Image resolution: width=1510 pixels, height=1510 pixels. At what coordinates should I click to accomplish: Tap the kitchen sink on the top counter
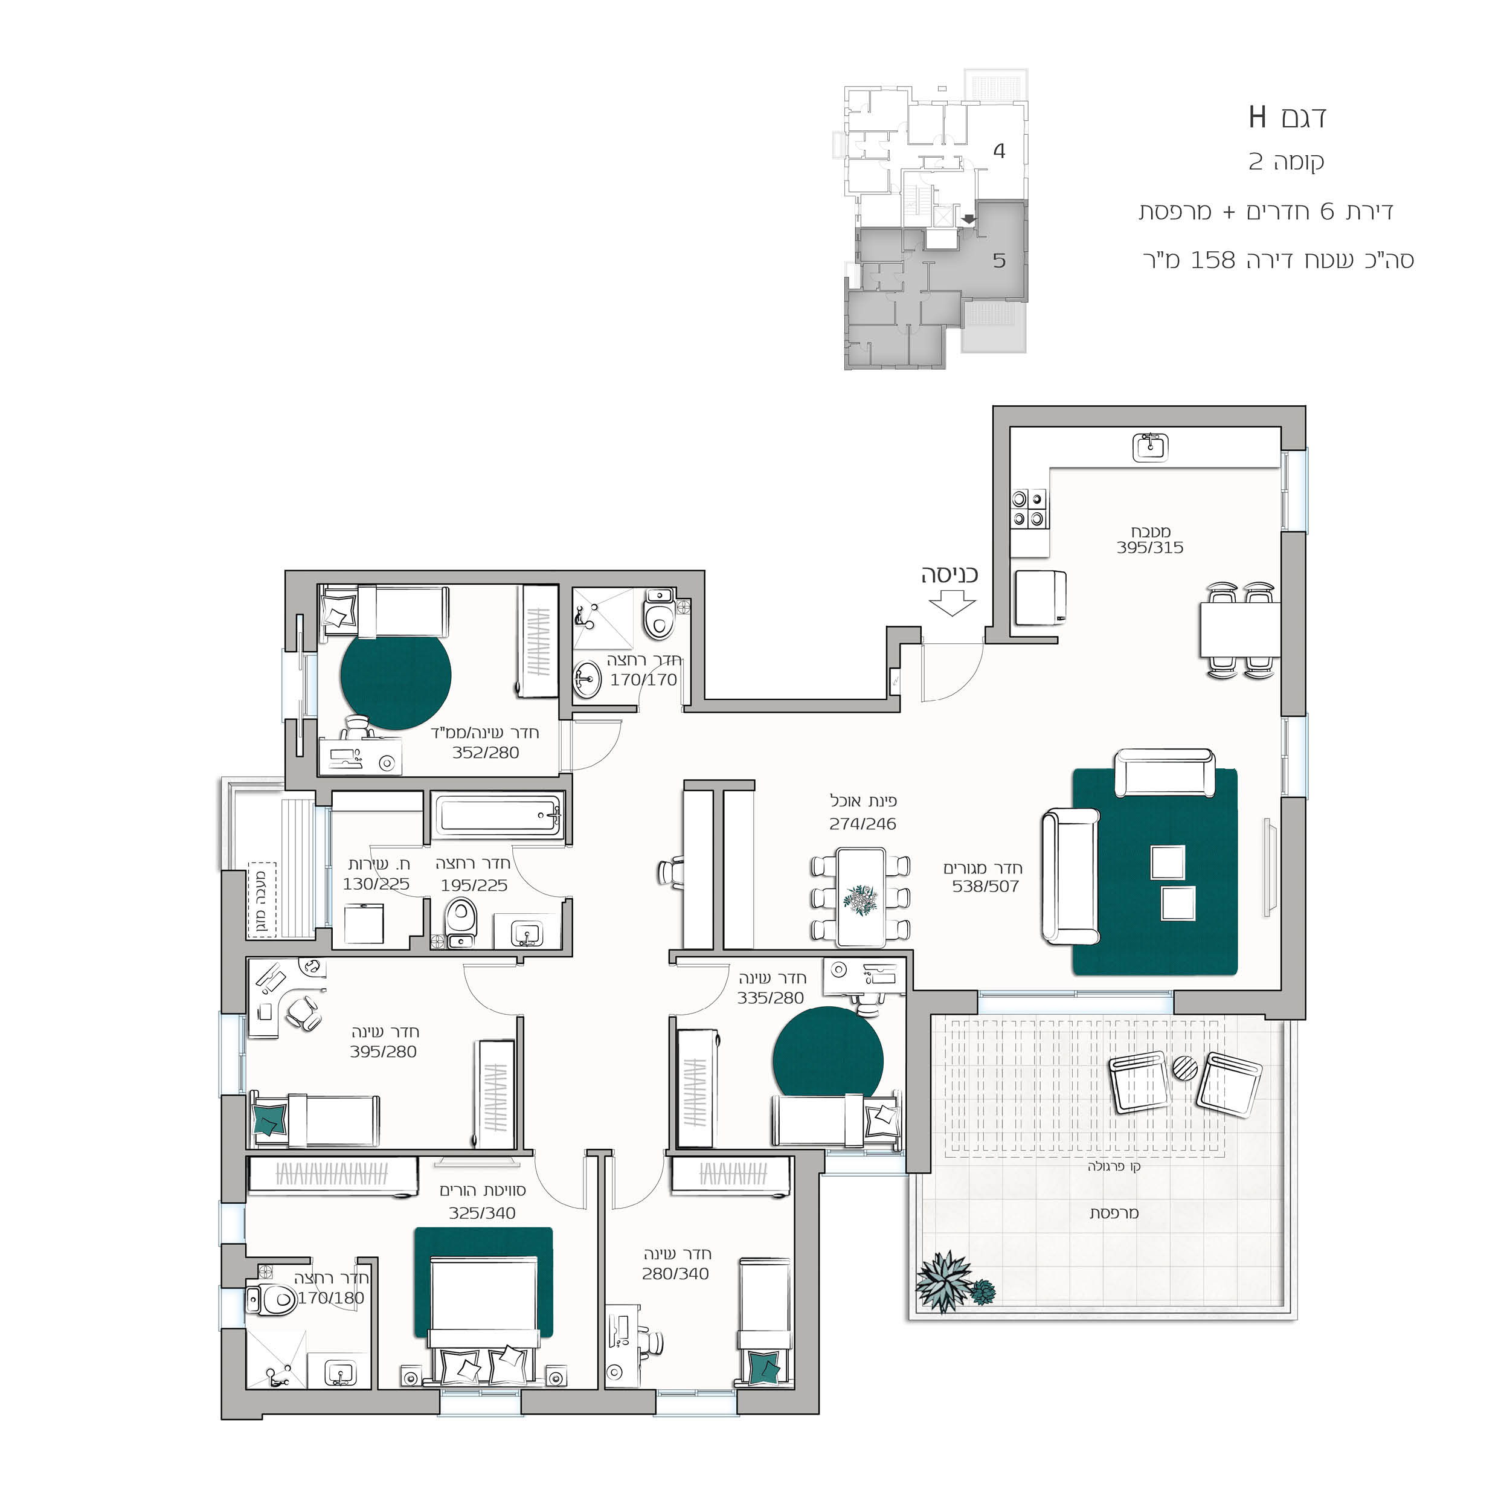1151,448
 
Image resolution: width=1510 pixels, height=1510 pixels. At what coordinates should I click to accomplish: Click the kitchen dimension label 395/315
1149,548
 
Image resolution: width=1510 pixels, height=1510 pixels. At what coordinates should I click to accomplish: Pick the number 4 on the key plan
999,151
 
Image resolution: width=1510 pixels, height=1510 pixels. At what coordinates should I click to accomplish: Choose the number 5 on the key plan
999,260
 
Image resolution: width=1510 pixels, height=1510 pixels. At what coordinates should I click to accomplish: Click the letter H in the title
1257,117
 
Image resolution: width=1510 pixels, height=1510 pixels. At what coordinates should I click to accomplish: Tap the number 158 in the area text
1212,260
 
